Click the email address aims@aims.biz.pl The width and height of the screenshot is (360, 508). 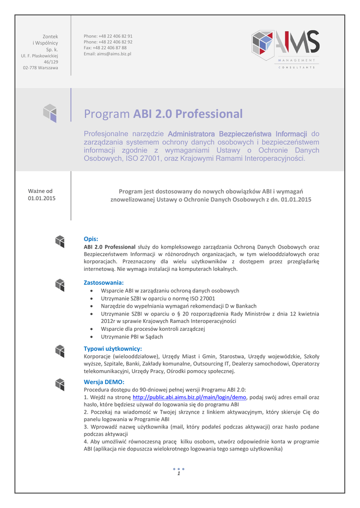(107, 54)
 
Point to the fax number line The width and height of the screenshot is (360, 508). (105, 48)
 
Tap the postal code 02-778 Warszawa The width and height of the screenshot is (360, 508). (40, 67)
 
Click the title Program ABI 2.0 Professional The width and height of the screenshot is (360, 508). (163, 114)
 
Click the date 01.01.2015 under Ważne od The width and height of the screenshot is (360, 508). (42, 198)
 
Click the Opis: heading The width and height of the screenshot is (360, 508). (91, 239)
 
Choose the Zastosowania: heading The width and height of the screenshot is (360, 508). (103, 282)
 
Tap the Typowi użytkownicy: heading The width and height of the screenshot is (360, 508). (113, 348)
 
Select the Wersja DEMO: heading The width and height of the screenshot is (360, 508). (104, 381)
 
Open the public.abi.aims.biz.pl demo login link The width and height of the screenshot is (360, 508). (190, 397)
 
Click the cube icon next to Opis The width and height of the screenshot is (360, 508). (60, 241)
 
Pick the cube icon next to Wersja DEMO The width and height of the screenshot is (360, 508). (60, 384)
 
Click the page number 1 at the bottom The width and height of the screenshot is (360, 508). (179, 474)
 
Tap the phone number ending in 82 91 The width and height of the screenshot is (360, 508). (108, 36)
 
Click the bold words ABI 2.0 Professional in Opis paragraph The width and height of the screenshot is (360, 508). (110, 247)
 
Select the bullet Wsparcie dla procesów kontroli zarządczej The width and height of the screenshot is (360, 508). (152, 329)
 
